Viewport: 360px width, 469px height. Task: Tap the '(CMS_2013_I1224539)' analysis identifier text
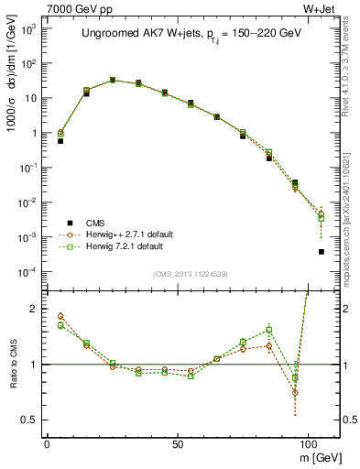click(x=191, y=273)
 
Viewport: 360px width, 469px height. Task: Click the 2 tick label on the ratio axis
click(x=34, y=309)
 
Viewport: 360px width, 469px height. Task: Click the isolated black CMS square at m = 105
click(x=322, y=252)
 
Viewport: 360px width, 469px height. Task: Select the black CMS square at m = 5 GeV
click(x=60, y=141)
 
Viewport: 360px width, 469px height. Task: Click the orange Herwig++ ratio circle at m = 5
click(x=60, y=316)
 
